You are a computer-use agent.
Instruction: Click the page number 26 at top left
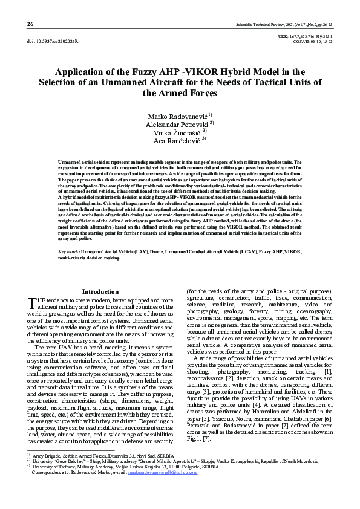coord(30,24)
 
